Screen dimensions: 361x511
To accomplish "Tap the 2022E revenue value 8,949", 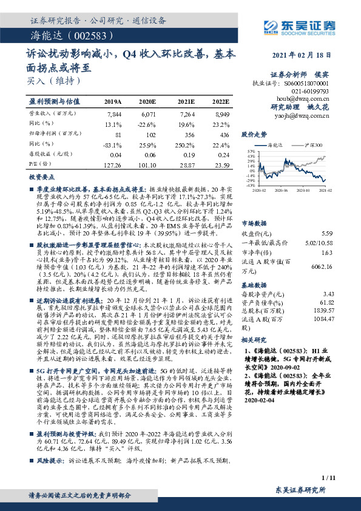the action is (x=221, y=113).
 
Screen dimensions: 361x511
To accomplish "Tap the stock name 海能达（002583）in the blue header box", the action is (x=59, y=35).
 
